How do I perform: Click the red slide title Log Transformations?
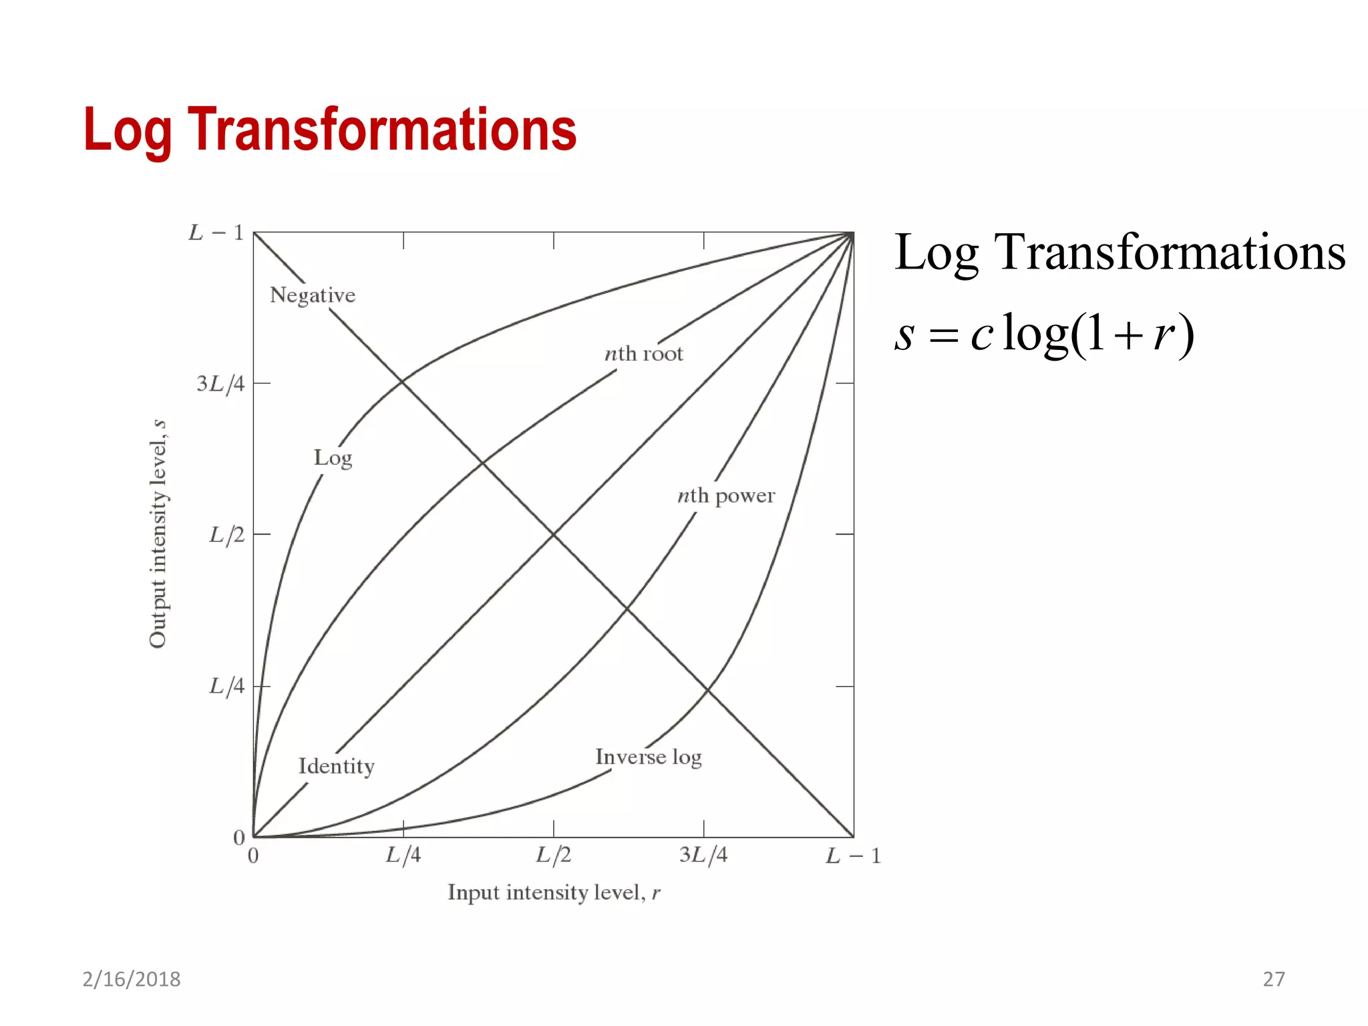click(x=330, y=130)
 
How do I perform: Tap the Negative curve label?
click(x=312, y=295)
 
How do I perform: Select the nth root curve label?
click(x=644, y=353)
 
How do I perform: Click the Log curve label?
click(x=333, y=458)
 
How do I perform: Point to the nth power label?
click(x=726, y=496)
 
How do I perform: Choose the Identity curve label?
click(x=336, y=766)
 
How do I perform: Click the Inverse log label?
click(x=649, y=757)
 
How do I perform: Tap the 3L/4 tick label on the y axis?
click(x=220, y=384)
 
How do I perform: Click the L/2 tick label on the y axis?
click(x=226, y=535)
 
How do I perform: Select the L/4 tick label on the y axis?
click(x=226, y=686)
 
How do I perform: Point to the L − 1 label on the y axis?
click(x=216, y=232)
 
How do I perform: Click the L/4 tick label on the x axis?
click(x=403, y=856)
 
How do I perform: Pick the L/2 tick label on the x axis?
click(x=554, y=856)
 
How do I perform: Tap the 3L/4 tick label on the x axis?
click(x=703, y=856)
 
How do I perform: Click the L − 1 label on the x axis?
click(x=853, y=856)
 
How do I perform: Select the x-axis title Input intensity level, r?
click(x=554, y=893)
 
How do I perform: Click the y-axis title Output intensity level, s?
click(x=158, y=534)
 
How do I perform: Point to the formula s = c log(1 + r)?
click(x=1043, y=334)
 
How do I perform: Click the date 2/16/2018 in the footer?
click(x=132, y=979)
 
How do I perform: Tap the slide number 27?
click(x=1273, y=979)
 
